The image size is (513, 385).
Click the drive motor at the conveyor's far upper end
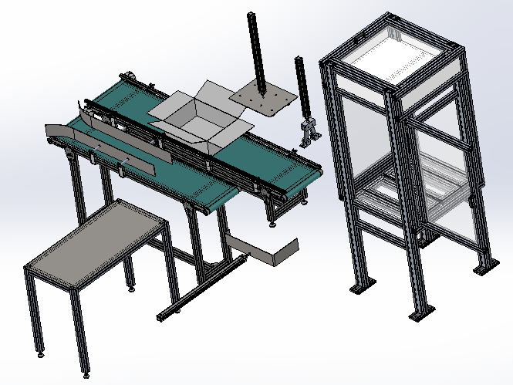(130, 76)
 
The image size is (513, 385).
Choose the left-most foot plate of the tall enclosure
(357, 289)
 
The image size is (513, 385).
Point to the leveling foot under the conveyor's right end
(274, 225)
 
